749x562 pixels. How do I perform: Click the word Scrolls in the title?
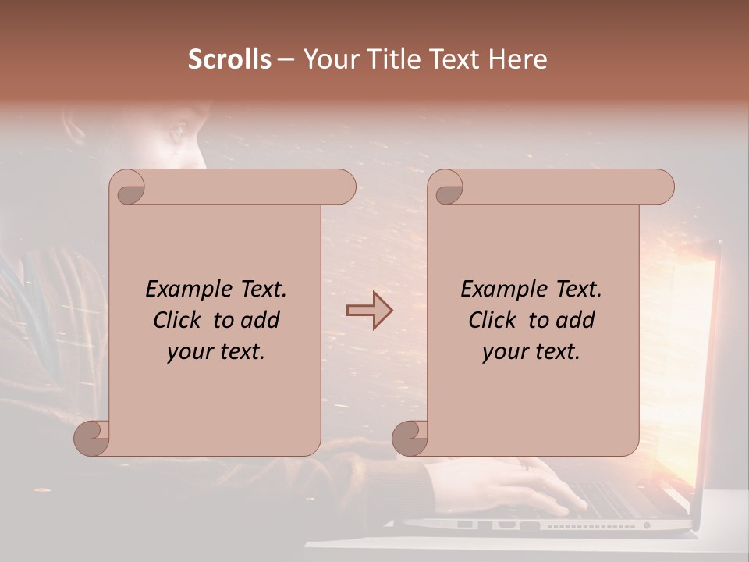pyautogui.click(x=230, y=59)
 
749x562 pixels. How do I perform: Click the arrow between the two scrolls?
pyautogui.click(x=369, y=310)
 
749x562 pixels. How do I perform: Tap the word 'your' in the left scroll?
pyautogui.click(x=188, y=352)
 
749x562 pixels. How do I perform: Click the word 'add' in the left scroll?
pyautogui.click(x=261, y=320)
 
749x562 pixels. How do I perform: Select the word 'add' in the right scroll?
pyautogui.click(x=577, y=320)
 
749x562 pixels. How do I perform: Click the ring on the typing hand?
pyautogui.click(x=526, y=466)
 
